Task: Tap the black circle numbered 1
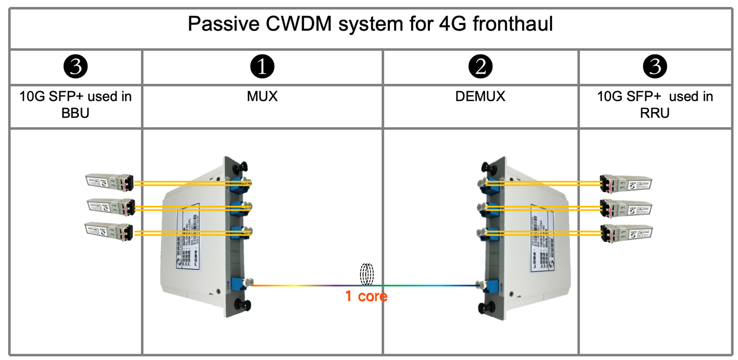(x=262, y=66)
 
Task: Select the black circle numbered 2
(x=480, y=66)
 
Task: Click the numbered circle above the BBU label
(x=76, y=66)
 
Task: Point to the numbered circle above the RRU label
(x=655, y=66)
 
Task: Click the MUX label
(x=262, y=96)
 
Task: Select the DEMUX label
(x=480, y=96)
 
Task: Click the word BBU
(x=75, y=113)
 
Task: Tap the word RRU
(x=655, y=113)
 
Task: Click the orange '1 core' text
(x=366, y=296)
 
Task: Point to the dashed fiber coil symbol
(x=367, y=275)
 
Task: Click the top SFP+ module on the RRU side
(x=625, y=184)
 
